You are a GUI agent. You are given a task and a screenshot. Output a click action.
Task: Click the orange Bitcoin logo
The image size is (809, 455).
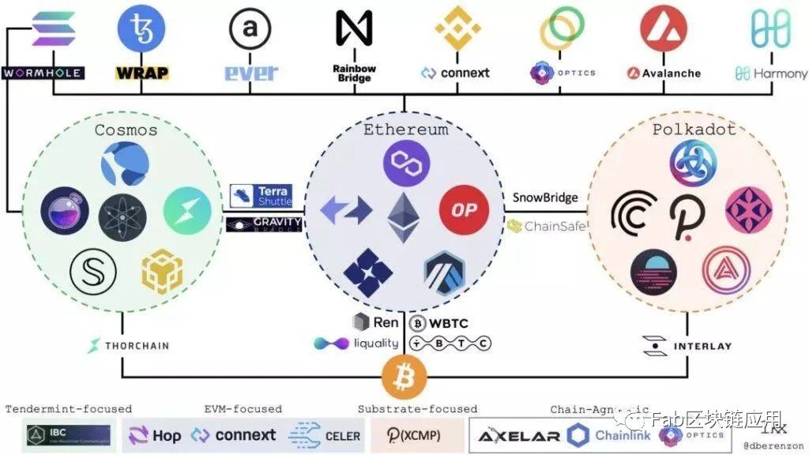click(404, 377)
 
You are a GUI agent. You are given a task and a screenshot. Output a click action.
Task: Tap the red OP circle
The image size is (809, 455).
click(464, 210)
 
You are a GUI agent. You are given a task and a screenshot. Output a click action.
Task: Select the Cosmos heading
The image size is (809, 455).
click(126, 130)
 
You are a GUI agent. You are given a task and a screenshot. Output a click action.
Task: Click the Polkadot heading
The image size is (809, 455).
click(683, 129)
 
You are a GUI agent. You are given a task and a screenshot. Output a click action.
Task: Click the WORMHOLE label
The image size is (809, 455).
click(43, 73)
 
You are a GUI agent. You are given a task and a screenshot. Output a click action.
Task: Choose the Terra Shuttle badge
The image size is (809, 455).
click(262, 196)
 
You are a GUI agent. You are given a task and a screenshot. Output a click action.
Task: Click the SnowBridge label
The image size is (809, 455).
click(545, 197)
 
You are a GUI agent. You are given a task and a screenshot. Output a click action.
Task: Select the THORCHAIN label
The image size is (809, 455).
click(128, 345)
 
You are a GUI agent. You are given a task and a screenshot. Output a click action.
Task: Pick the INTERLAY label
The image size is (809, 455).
click(687, 346)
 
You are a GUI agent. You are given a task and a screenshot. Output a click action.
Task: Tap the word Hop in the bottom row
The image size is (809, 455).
click(167, 435)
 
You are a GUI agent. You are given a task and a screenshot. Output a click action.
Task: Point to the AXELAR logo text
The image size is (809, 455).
click(519, 435)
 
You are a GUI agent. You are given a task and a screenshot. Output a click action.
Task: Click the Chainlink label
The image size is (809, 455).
click(622, 435)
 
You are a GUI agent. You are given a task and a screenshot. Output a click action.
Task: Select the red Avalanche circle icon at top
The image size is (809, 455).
click(664, 28)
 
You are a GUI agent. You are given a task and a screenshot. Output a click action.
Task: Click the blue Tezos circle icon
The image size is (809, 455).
click(141, 28)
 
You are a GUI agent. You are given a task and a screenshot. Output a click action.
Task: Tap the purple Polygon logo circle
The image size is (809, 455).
click(406, 164)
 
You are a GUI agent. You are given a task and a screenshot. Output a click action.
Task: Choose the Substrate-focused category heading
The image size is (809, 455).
click(417, 409)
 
